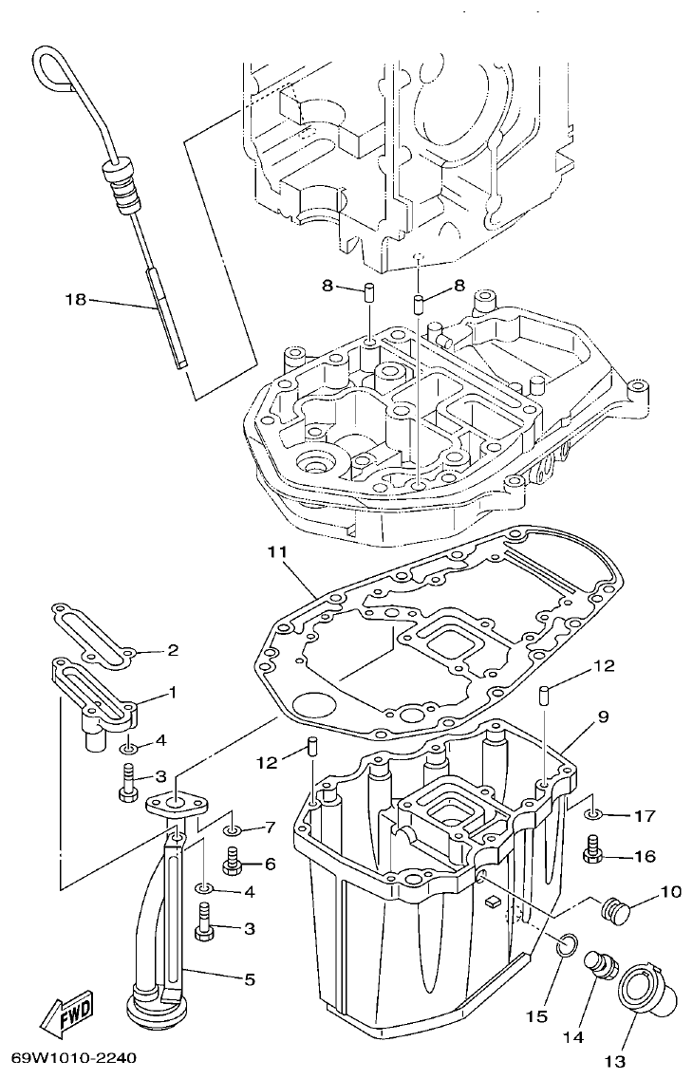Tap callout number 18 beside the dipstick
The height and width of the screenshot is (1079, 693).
coord(75,300)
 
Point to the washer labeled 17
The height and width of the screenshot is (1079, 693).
coord(591,814)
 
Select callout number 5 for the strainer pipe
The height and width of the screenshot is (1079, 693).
coord(250,978)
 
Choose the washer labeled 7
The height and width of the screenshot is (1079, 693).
coord(232,831)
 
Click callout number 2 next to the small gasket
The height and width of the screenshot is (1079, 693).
coord(172,651)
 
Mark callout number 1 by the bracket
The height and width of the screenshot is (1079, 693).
coord(172,693)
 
